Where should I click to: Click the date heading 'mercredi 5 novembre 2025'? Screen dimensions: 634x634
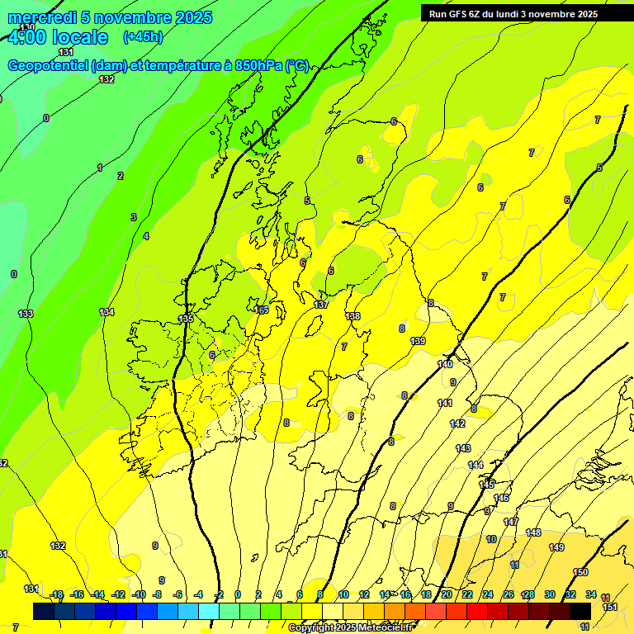point(110,17)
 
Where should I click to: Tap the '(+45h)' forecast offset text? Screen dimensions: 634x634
point(143,37)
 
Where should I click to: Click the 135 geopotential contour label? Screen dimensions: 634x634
point(186,318)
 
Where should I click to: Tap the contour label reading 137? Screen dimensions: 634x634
point(321,305)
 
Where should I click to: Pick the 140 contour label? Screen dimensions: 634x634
point(445,364)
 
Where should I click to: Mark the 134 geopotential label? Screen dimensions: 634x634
point(106,312)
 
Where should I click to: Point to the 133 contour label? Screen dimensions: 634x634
point(26,314)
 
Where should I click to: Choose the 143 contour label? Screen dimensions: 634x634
point(463,448)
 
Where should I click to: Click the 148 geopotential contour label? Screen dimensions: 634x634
point(533,532)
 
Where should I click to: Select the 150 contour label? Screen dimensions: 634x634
point(580,572)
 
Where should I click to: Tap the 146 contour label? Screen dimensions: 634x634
point(501,498)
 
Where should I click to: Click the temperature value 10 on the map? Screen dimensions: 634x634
point(491,539)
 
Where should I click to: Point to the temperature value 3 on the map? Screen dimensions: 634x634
point(133,217)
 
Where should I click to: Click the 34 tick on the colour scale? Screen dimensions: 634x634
point(591,595)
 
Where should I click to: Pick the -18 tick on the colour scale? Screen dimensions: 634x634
point(56,595)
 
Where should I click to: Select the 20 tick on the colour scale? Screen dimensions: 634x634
point(447,595)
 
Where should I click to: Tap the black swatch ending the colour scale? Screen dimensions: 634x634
point(580,611)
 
